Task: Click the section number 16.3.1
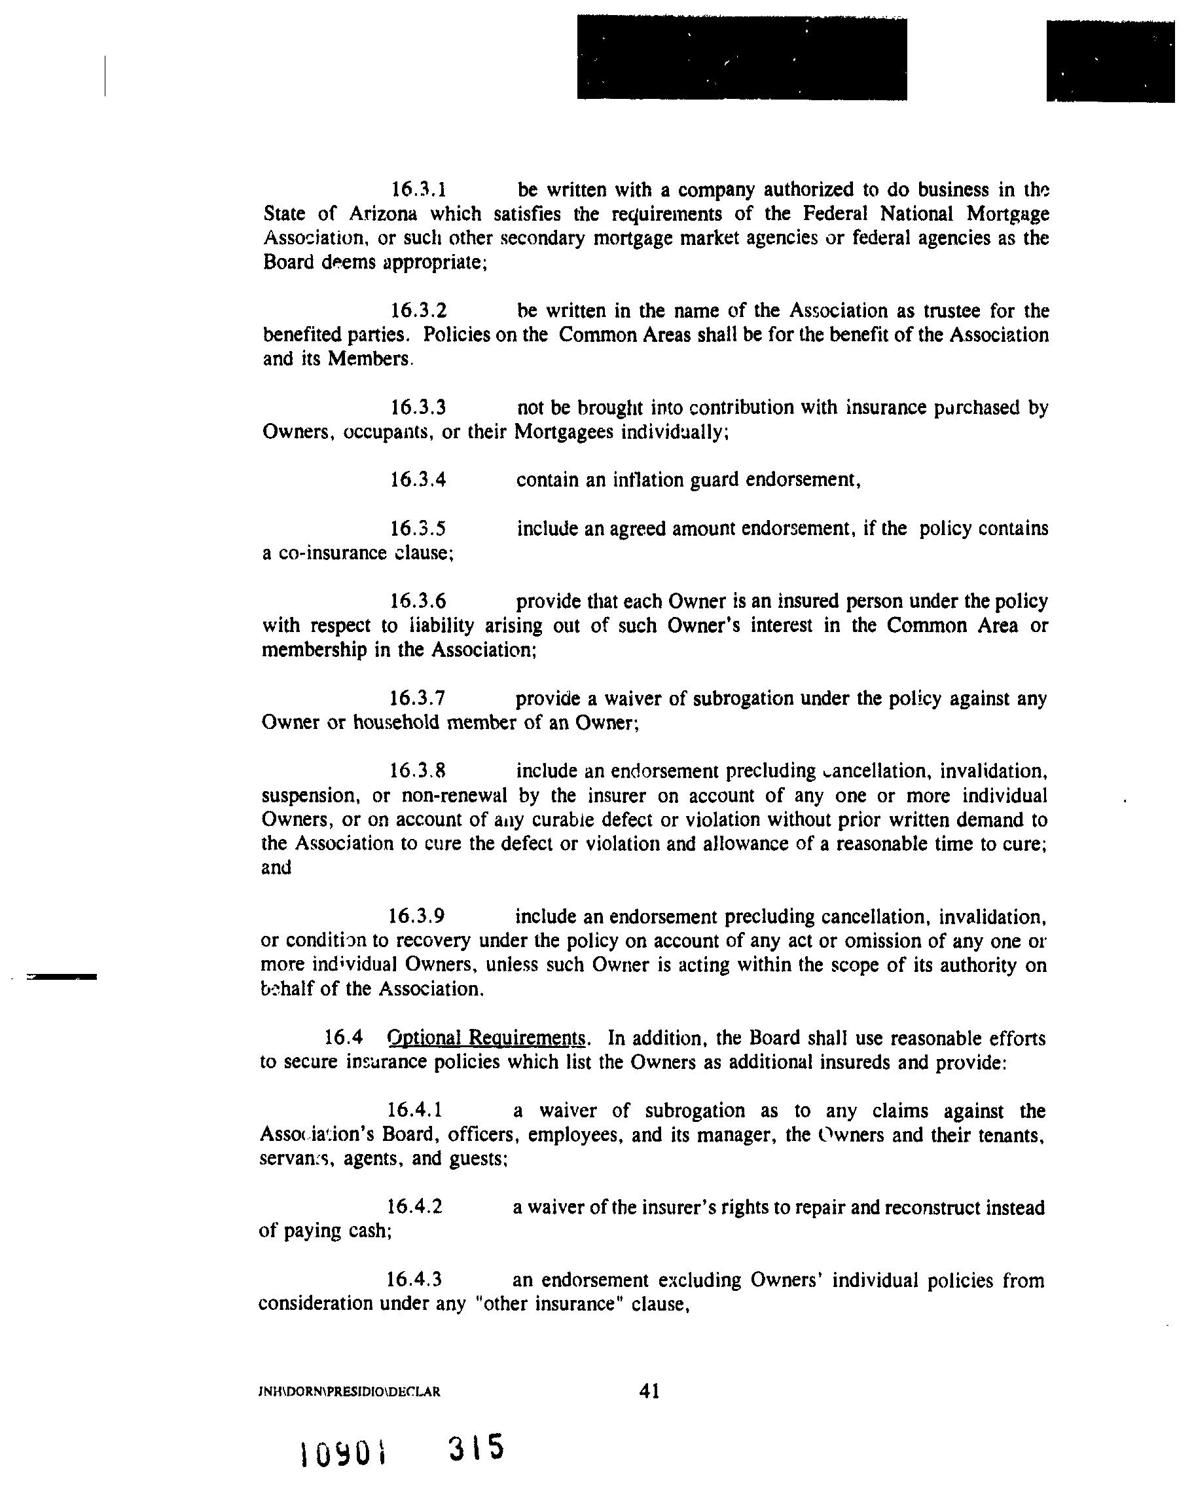[418, 189]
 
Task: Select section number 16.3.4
[418, 479]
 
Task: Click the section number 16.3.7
[418, 698]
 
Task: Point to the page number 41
[649, 1392]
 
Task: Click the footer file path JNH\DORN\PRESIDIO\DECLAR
[350, 1392]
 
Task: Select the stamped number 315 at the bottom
[477, 1447]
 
